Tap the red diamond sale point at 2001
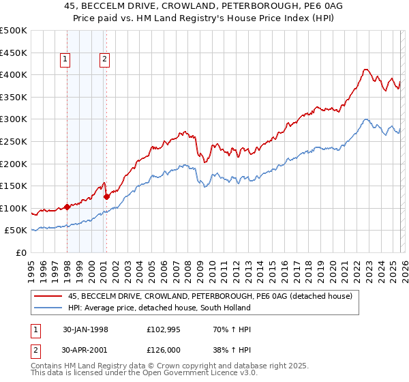[107, 196]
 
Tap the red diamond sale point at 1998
[67, 207]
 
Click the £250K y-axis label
[14, 141]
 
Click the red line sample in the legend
[48, 296]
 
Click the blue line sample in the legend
[48, 308]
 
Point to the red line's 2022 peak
[365, 69]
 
